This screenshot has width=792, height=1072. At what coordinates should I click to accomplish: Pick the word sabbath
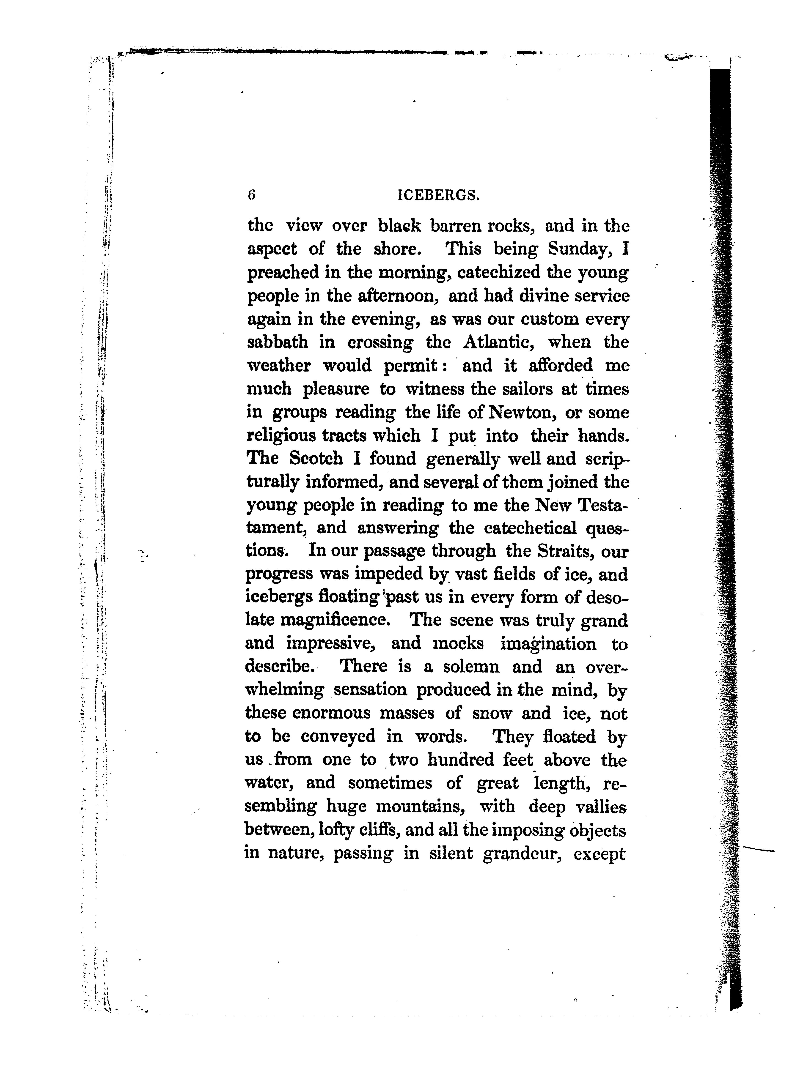[277, 343]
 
